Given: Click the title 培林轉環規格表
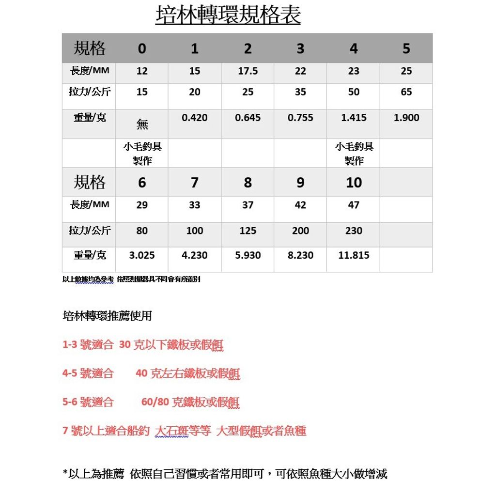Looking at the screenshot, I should click(228, 15).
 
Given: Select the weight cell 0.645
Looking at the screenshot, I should click(248, 118).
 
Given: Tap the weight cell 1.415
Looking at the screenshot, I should click(354, 118).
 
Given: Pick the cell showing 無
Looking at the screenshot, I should click(142, 124).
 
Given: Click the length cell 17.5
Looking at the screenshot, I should click(248, 71).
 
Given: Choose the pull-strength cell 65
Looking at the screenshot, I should click(406, 92).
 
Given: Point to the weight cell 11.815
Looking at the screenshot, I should click(354, 255).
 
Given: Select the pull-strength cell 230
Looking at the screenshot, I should click(354, 231).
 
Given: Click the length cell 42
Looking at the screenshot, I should click(300, 205).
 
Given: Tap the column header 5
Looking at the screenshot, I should click(406, 48).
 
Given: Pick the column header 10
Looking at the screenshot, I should click(354, 183).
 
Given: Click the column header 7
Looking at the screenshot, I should click(194, 183).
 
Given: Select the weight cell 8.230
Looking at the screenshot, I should click(300, 255).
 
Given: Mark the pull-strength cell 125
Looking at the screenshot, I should click(248, 231).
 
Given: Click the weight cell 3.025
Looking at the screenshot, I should click(142, 255).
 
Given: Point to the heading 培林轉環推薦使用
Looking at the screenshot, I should click(107, 316).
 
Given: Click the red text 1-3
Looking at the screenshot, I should click(70, 345).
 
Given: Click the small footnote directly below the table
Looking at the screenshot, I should click(131, 279).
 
